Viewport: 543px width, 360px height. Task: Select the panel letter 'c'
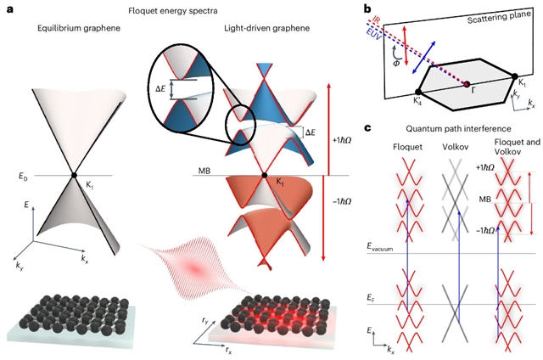[367, 127]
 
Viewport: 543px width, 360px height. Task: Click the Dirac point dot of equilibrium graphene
[74, 175]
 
